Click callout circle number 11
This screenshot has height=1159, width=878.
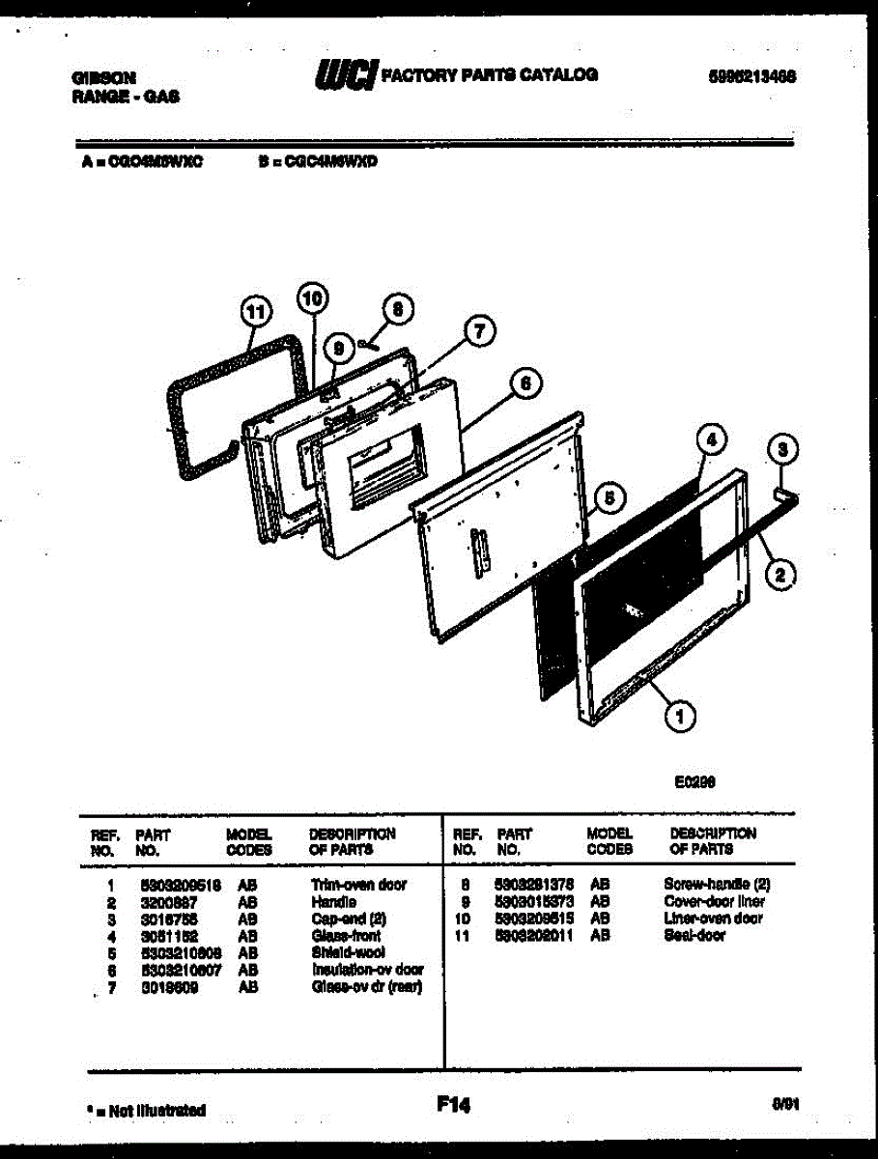[x=254, y=312]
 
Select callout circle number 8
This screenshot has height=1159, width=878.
[x=394, y=308]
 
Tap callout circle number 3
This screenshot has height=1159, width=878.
[x=783, y=450]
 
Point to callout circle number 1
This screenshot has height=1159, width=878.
[x=682, y=716]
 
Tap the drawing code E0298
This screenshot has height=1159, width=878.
[x=694, y=783]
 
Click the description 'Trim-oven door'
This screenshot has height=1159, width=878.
[x=358, y=885]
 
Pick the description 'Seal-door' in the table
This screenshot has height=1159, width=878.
[x=694, y=936]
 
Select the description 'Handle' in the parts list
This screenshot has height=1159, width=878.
[x=334, y=901]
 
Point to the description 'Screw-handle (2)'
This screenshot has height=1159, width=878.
[x=717, y=885]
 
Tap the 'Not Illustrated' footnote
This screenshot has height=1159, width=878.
[x=146, y=1111]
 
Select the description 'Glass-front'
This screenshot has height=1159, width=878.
[x=346, y=936]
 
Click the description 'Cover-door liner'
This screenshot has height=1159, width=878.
[x=714, y=901]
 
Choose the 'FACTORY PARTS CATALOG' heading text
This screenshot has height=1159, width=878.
[x=490, y=74]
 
